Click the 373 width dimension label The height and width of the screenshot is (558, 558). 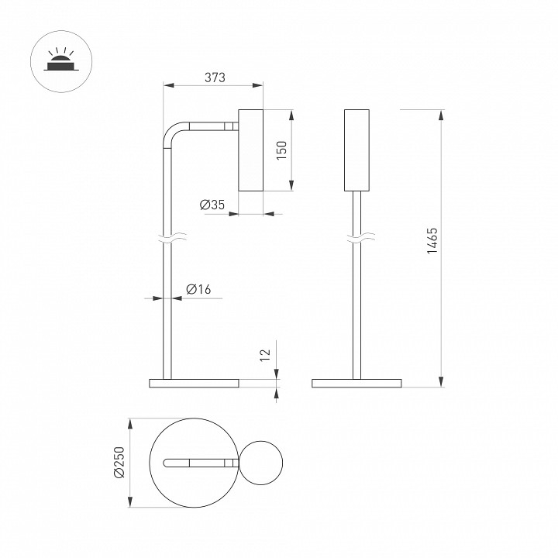(215, 77)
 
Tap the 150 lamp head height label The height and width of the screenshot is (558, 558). (281, 150)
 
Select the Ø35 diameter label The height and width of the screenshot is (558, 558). (212, 205)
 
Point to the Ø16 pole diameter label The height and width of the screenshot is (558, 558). (198, 289)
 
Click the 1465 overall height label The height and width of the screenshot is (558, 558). (432, 240)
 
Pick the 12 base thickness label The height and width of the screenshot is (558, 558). (266, 356)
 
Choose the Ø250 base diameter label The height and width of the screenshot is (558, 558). (119, 462)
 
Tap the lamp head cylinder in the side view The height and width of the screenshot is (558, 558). (250, 150)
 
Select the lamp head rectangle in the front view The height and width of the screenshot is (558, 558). (356, 150)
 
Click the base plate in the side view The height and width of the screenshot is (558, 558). (194, 384)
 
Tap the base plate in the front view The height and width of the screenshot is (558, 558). (356, 384)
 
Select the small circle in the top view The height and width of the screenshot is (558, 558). (261, 463)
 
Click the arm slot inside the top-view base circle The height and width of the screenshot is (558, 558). (201, 463)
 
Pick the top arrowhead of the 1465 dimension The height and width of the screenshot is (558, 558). (441, 115)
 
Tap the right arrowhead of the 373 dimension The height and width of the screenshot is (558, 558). (257, 85)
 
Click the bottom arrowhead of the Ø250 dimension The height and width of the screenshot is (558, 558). (130, 501)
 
